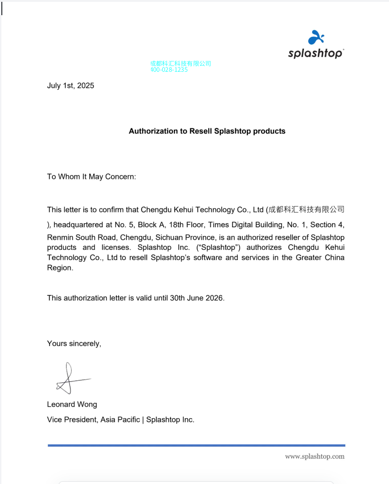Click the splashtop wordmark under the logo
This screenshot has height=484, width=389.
point(315,53)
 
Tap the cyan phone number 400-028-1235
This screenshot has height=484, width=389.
point(169,70)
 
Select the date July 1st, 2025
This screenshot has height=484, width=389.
point(70,86)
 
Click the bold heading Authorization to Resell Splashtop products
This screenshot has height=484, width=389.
point(207,131)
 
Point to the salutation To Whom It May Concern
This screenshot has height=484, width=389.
point(92,177)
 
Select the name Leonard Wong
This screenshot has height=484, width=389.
point(72,404)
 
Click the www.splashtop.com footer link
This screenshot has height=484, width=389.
point(315,456)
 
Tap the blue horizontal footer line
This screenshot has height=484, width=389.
point(196,445)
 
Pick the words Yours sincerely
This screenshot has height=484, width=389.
point(74,344)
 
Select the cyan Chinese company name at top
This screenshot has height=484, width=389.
point(180,63)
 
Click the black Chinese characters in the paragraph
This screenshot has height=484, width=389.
point(306,210)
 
